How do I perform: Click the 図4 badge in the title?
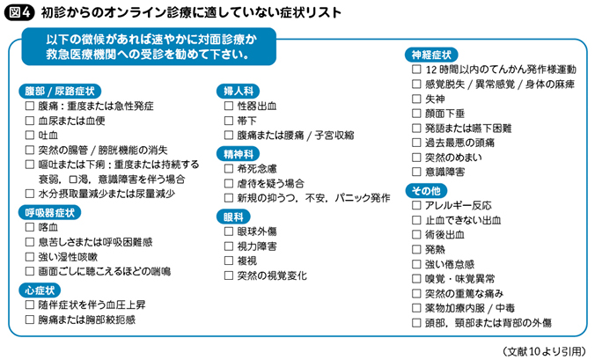pyautogui.click(x=18, y=12)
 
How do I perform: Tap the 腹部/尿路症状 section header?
pyautogui.click(x=60, y=91)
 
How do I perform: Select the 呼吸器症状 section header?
pyautogui.click(x=49, y=212)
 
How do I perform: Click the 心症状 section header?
pyautogui.click(x=40, y=290)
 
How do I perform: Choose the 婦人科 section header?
pyautogui.click(x=238, y=91)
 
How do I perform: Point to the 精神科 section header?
pyautogui.click(x=238, y=154)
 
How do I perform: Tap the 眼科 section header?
pyautogui.click(x=233, y=217)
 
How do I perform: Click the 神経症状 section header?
pyautogui.click(x=431, y=55)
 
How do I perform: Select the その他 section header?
pyautogui.click(x=426, y=191)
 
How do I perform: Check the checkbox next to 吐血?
pyautogui.click(x=30, y=135)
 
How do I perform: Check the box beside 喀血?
pyautogui.click(x=30, y=227)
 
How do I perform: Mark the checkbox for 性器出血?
pyautogui.click(x=229, y=106)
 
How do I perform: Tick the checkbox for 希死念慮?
pyautogui.click(x=229, y=168)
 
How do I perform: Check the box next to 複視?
pyautogui.click(x=229, y=261)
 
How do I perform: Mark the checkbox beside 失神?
pyautogui.click(x=416, y=99)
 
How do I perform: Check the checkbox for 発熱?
pyautogui.click(x=416, y=249)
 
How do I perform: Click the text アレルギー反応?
pyautogui.click(x=459, y=206)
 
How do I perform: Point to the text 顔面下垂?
pyautogui.click(x=444, y=114)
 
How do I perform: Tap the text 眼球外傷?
pyautogui.click(x=257, y=231)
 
